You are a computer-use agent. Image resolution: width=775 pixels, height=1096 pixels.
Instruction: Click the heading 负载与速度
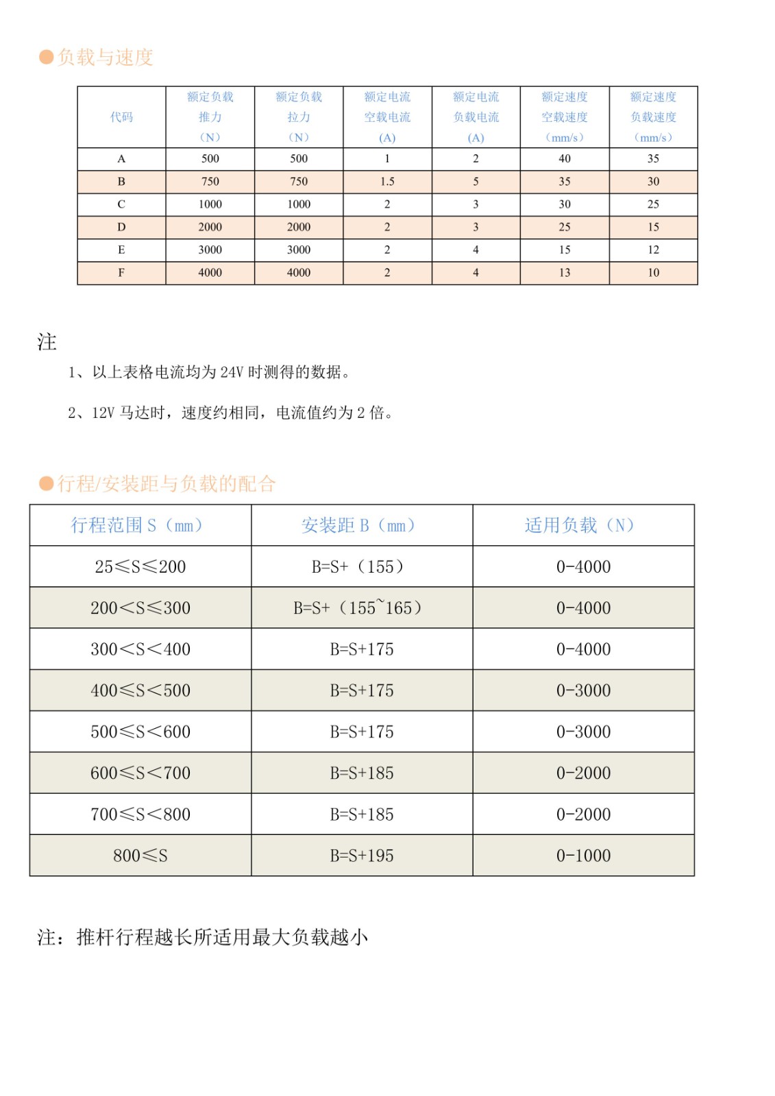point(105,58)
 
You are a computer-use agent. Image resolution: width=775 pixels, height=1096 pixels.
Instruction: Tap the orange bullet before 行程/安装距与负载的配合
point(47,484)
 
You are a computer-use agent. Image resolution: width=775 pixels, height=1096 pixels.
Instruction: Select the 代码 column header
point(121,117)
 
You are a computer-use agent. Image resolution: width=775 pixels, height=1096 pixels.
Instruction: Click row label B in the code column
point(121,182)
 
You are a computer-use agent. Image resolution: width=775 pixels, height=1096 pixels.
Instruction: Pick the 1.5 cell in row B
point(387,182)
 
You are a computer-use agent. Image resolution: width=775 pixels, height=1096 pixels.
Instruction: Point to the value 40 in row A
point(565,159)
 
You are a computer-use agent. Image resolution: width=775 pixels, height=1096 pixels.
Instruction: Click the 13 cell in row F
point(565,273)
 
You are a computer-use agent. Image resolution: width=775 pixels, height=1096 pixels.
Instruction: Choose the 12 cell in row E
point(653,250)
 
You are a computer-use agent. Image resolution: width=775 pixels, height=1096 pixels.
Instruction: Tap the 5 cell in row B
point(476,182)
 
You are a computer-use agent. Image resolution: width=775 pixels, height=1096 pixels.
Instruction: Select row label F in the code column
point(121,273)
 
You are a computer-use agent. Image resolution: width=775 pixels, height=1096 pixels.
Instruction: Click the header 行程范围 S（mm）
point(140,525)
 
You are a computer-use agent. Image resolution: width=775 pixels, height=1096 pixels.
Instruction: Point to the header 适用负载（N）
point(582,525)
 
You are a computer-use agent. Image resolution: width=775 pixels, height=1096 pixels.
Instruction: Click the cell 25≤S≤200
point(140,567)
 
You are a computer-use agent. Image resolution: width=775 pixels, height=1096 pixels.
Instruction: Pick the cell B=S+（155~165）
point(361,608)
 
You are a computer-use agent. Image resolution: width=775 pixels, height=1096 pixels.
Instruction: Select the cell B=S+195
point(361,856)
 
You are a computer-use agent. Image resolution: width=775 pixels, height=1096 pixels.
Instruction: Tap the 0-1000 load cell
point(583,856)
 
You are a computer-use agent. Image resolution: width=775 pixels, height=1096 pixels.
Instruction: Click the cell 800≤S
point(140,856)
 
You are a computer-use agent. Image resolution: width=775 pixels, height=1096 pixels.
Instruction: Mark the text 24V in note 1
point(232,373)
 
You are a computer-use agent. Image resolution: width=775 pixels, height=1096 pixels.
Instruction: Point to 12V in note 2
point(103,413)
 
